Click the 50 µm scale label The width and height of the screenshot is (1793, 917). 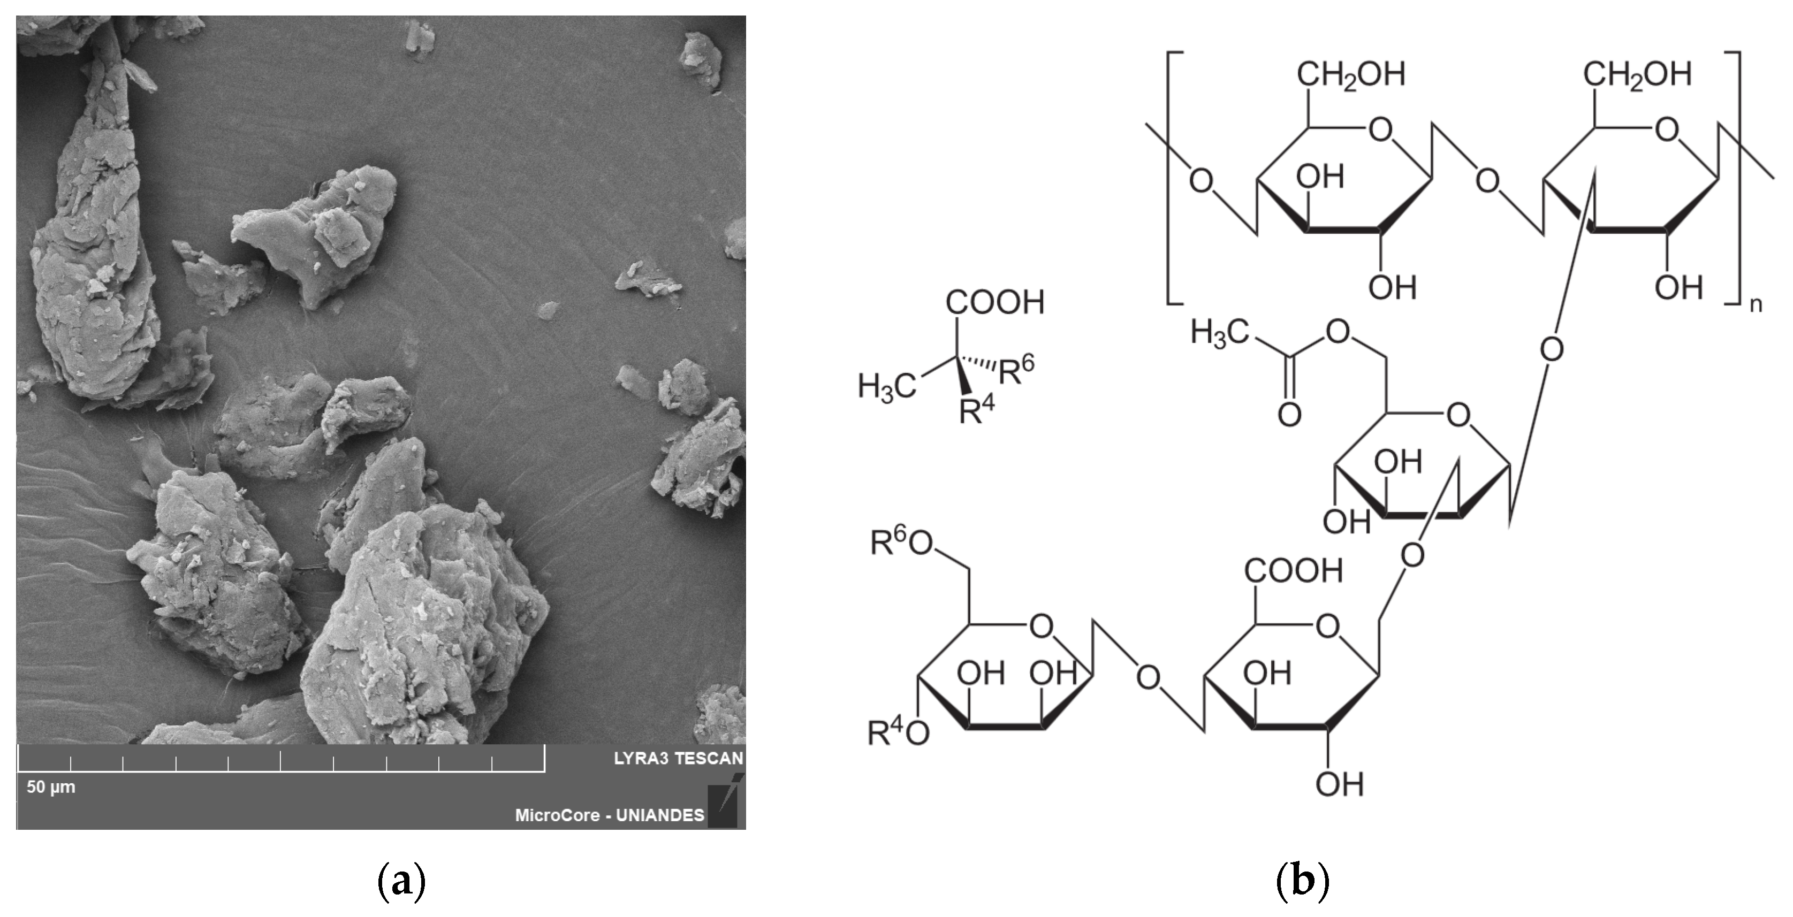(51, 787)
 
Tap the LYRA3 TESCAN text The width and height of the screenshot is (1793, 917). (678, 758)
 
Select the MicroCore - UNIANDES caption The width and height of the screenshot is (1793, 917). (609, 815)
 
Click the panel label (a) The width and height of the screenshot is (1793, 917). (401, 882)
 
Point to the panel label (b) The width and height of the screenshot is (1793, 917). (1302, 882)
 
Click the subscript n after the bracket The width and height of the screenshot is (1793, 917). (1756, 304)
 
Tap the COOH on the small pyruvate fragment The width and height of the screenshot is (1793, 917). (994, 303)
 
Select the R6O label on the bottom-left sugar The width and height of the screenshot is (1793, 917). (901, 544)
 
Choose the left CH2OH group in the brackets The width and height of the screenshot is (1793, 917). (1350, 75)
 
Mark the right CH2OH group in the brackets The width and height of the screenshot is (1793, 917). (1637, 75)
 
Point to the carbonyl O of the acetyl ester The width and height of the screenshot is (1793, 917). (1289, 415)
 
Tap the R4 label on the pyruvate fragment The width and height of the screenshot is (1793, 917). (977, 410)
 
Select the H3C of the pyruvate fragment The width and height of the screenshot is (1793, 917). (887, 386)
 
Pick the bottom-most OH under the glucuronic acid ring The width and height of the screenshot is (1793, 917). (1339, 785)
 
